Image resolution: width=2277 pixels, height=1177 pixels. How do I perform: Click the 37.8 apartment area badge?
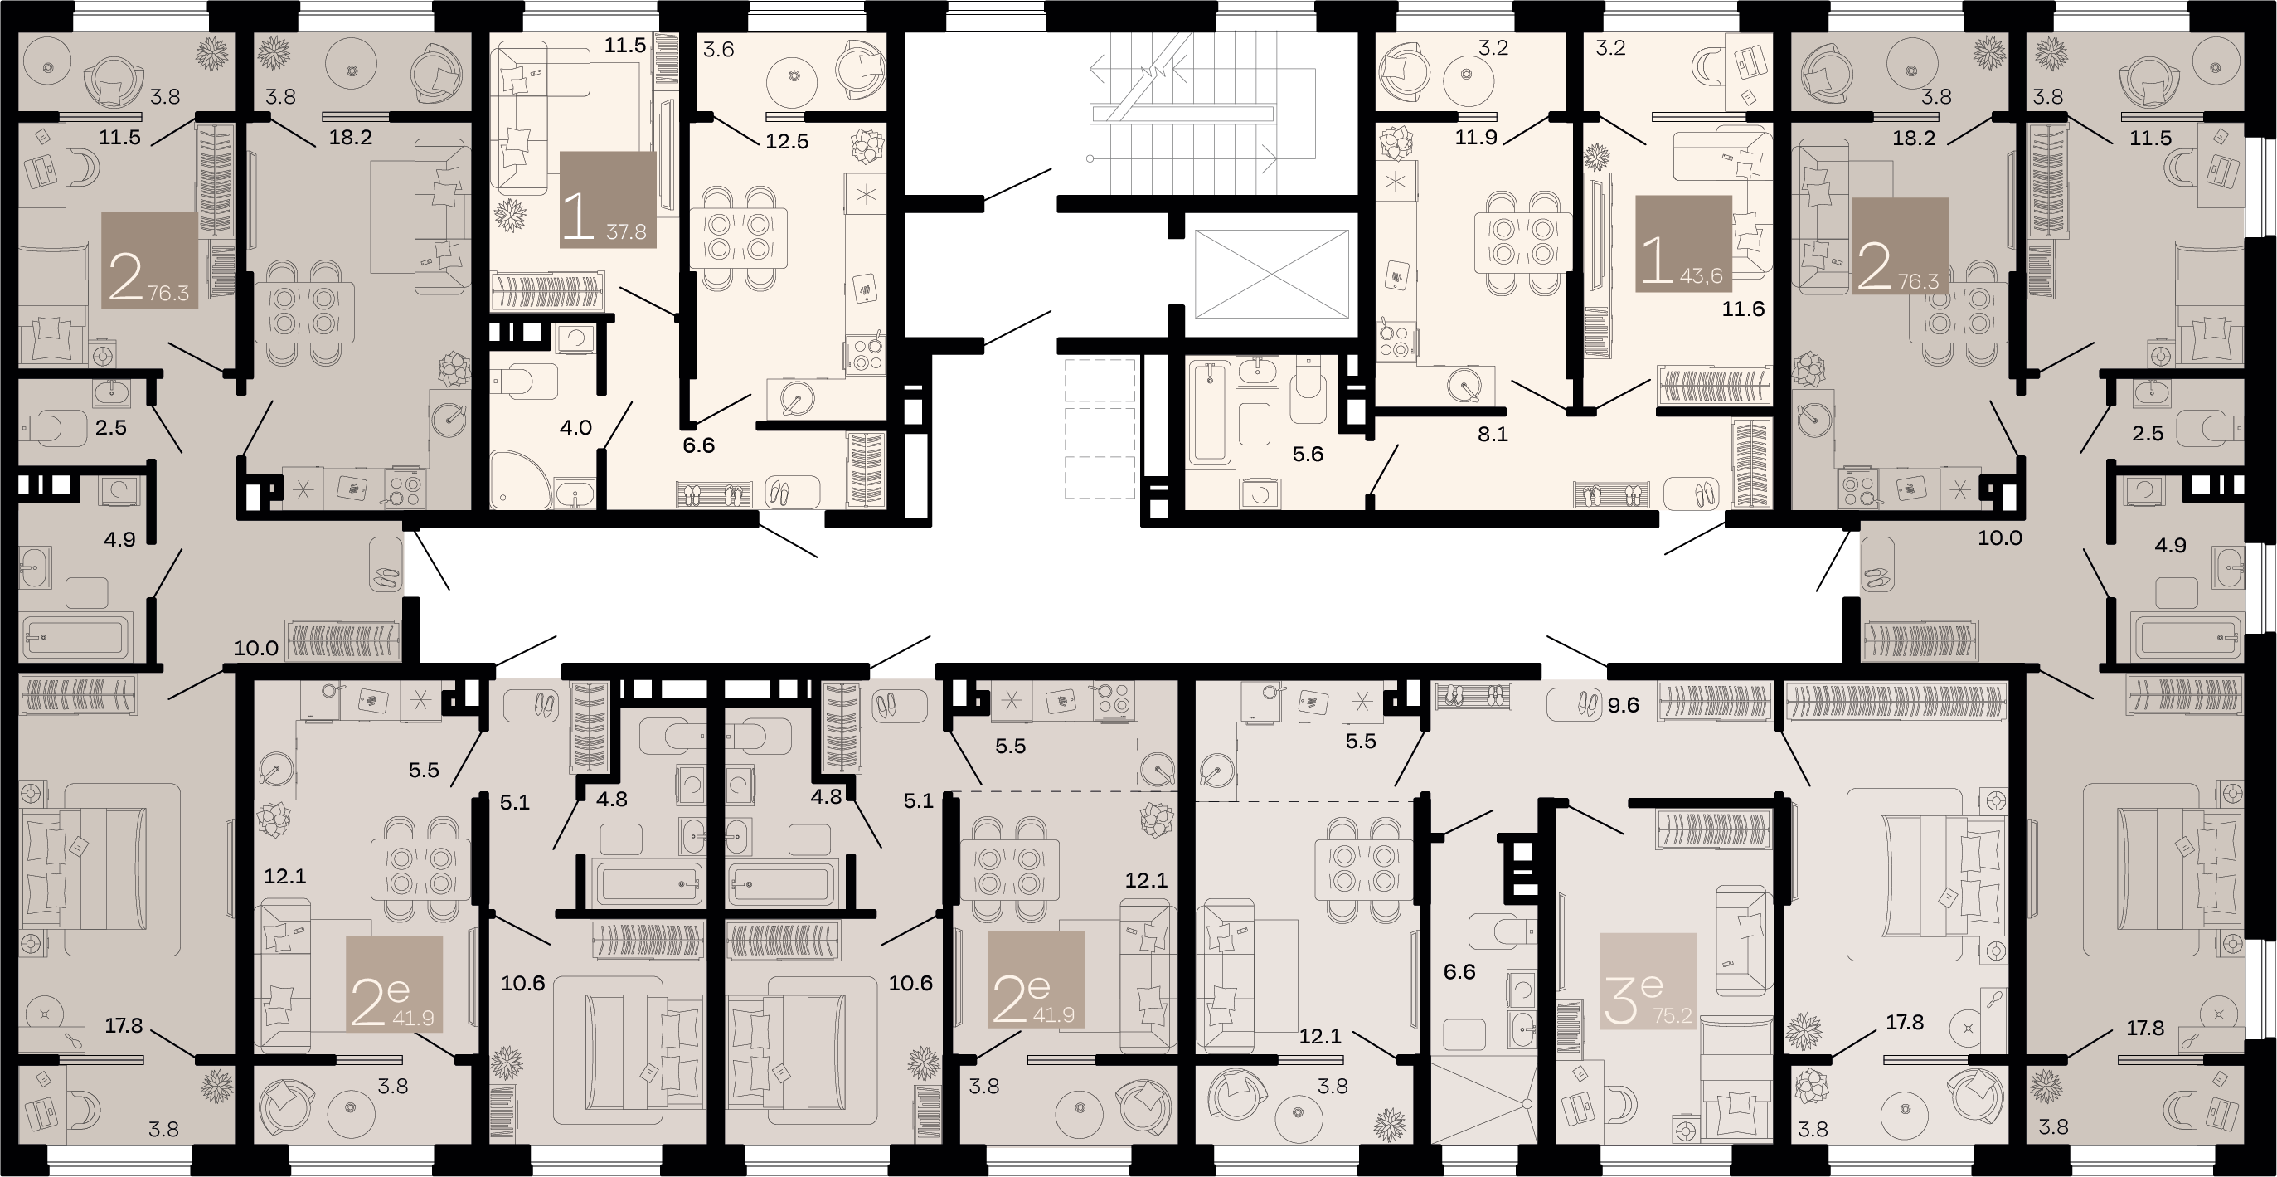[626, 232]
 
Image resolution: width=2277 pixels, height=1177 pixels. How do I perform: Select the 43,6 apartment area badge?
[1702, 276]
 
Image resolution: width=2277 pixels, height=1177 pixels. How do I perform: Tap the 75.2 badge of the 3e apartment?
[1673, 1015]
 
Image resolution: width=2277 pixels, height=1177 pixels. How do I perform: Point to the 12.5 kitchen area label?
[787, 142]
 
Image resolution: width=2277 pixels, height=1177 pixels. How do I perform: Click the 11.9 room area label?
[1476, 137]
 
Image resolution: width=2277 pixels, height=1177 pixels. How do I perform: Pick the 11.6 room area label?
[1743, 309]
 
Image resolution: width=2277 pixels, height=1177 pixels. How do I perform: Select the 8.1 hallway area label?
[1492, 434]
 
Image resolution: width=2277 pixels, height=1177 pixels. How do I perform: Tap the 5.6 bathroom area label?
[1308, 455]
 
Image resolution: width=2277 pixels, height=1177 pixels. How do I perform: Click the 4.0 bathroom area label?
[575, 428]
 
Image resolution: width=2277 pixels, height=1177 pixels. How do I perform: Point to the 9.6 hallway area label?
[1624, 705]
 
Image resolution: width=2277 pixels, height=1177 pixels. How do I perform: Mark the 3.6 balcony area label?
[719, 50]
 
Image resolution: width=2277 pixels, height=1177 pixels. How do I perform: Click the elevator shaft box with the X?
[1273, 272]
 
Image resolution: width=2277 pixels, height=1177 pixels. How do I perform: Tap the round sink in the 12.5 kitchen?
[800, 398]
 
